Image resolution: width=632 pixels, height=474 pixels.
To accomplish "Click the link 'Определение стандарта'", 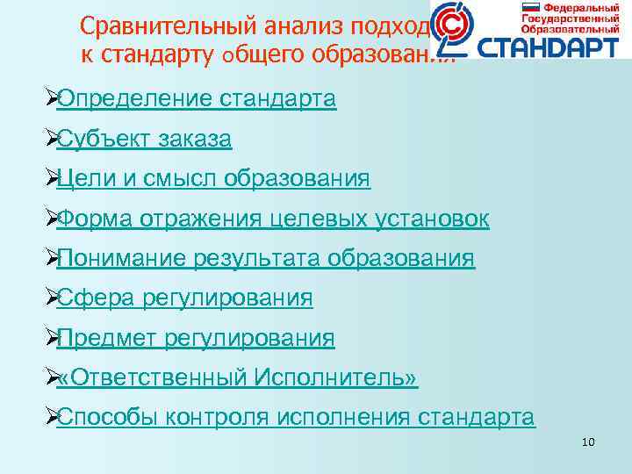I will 196,98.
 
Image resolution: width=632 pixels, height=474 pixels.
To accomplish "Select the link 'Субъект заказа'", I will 144,139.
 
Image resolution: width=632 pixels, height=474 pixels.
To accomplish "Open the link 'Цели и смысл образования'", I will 213,179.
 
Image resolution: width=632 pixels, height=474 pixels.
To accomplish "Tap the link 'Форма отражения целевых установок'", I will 273,219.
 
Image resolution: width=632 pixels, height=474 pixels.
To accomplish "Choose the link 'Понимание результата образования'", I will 266,259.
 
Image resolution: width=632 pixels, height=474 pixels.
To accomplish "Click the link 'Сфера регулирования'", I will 184,298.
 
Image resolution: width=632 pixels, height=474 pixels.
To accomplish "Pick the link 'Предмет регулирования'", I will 196,338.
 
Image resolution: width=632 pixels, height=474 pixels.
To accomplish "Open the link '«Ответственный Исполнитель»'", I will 237,378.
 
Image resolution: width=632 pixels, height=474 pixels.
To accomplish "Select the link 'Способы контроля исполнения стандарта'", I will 296,418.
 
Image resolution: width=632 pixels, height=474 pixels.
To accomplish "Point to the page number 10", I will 588,442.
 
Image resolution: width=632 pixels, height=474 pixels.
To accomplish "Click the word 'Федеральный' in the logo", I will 571,7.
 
